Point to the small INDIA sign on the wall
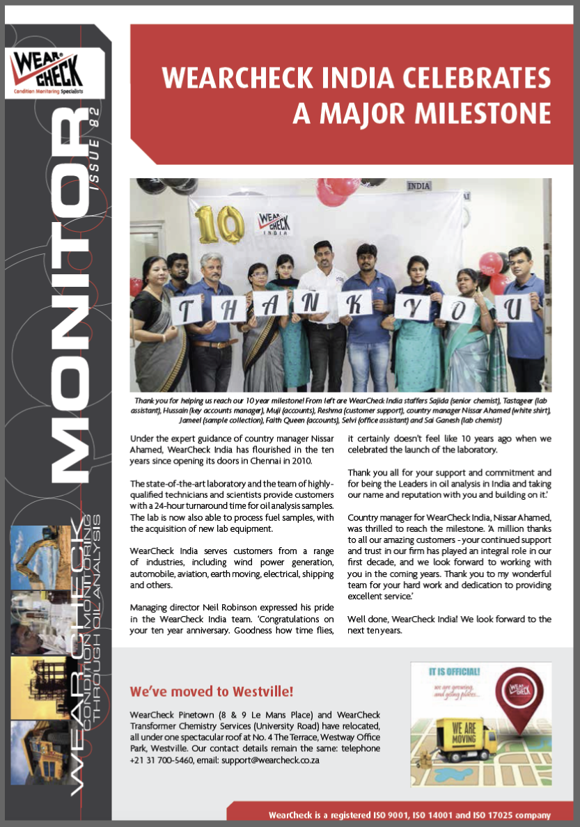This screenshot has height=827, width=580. pos(418,187)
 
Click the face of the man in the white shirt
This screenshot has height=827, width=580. pos(324,253)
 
